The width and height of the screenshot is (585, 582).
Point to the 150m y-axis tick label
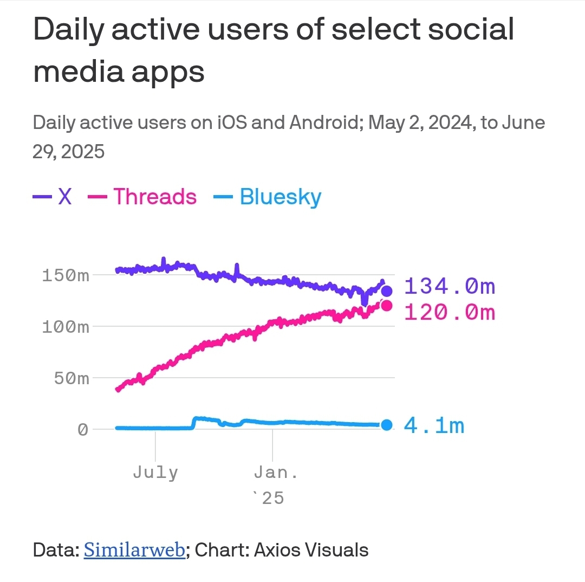pyautogui.click(x=65, y=275)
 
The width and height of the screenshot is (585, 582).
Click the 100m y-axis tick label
pyautogui.click(x=65, y=327)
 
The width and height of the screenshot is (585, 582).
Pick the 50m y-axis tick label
pyautogui.click(x=71, y=378)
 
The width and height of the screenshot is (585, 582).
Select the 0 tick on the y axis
pyautogui.click(x=82, y=430)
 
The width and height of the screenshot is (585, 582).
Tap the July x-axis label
pyautogui.click(x=155, y=473)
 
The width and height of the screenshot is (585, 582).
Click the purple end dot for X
pyautogui.click(x=387, y=291)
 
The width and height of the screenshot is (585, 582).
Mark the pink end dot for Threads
pyautogui.click(x=387, y=306)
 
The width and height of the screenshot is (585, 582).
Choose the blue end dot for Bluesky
pyautogui.click(x=386, y=425)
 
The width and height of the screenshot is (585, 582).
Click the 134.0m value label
pyautogui.click(x=450, y=286)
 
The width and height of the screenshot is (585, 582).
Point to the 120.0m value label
pyautogui.click(x=450, y=313)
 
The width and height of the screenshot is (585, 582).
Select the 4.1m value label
pyautogui.click(x=434, y=426)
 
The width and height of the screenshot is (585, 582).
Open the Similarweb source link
pyautogui.click(x=134, y=550)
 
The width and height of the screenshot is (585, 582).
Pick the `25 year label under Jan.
pyautogui.click(x=269, y=497)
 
